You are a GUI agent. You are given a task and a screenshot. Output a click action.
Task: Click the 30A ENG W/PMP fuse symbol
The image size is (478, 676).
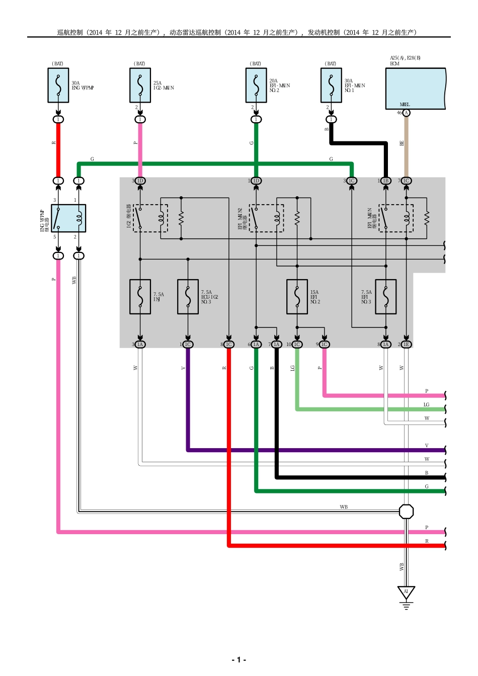(58, 86)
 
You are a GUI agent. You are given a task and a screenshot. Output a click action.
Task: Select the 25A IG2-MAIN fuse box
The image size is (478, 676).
(140, 86)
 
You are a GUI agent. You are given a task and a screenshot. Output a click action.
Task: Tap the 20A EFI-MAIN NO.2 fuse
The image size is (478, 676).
(256, 86)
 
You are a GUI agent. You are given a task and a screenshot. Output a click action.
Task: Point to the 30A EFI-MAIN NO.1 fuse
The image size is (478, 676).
(331, 86)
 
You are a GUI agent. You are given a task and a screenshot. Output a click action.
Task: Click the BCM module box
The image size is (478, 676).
(416, 89)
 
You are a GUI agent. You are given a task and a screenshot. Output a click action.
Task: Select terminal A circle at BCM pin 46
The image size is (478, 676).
(406, 113)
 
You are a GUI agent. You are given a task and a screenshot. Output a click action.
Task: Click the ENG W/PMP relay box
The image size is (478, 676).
(68, 218)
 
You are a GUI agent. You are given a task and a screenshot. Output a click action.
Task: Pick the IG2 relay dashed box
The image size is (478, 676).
(150, 218)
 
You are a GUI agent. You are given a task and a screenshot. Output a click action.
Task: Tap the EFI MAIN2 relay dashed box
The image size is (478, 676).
(266, 218)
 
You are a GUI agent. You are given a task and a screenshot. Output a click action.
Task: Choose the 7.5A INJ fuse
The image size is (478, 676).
(140, 297)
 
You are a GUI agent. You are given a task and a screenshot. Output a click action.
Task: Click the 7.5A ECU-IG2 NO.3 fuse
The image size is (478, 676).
(188, 297)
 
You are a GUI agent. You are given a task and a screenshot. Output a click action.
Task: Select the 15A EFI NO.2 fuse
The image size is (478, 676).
(297, 297)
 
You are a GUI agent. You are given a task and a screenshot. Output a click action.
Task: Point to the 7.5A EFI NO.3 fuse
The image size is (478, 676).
(386, 297)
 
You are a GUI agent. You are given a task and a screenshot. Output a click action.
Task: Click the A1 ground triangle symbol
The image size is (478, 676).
(406, 593)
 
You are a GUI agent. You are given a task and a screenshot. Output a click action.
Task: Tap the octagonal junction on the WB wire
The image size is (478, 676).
(406, 512)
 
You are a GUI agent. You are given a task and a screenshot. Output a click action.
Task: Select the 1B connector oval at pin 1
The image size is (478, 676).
(386, 181)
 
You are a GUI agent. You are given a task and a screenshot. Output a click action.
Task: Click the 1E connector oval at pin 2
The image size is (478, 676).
(406, 345)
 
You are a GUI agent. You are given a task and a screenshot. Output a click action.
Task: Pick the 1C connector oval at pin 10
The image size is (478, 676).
(297, 345)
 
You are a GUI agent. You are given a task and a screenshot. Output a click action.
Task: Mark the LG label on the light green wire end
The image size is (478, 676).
(426, 404)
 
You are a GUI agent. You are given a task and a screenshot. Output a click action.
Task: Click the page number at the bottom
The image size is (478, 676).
(238, 659)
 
